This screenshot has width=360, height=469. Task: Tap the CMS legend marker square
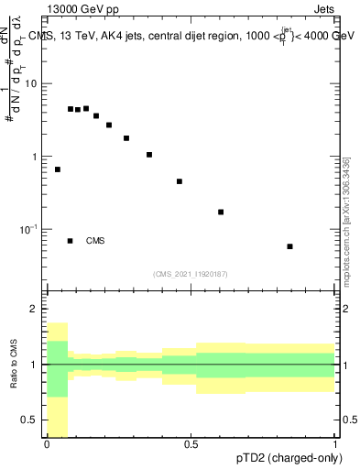pyautogui.click(x=70, y=241)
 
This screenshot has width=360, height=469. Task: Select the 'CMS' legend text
pyautogui.click(x=95, y=241)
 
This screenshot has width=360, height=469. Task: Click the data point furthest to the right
pyautogui.click(x=289, y=246)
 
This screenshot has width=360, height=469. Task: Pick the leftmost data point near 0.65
pyautogui.click(x=58, y=169)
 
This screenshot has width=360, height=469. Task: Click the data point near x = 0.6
pyautogui.click(x=221, y=212)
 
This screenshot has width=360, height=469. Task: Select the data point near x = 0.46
pyautogui.click(x=180, y=181)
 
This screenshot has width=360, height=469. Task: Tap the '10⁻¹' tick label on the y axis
pyautogui.click(x=28, y=228)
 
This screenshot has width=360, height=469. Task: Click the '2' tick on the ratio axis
pyautogui.click(x=35, y=309)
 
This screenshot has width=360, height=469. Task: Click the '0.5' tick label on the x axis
pyautogui.click(x=191, y=445)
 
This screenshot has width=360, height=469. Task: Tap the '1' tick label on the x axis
pyautogui.click(x=334, y=445)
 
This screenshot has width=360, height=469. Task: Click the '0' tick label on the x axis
pyautogui.click(x=47, y=445)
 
